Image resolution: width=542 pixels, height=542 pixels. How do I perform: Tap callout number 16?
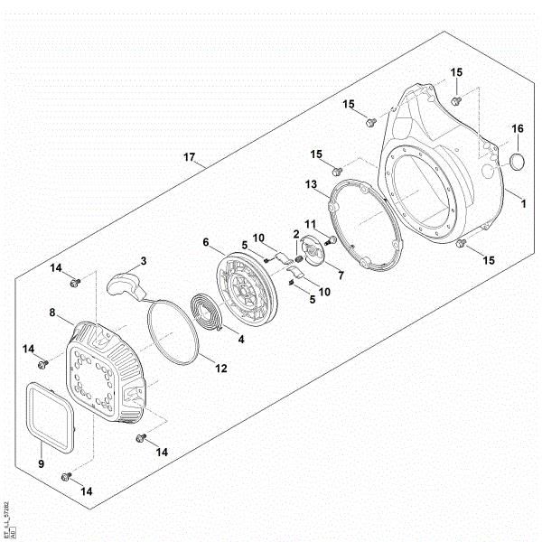coord(518,129)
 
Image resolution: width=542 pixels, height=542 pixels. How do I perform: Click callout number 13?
coord(311,183)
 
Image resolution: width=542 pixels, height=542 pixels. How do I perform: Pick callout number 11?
coord(310,224)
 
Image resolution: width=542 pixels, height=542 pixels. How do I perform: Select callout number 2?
coord(295,234)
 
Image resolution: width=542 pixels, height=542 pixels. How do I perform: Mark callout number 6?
coord(206,242)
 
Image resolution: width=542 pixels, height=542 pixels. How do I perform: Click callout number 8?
coord(53,313)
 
